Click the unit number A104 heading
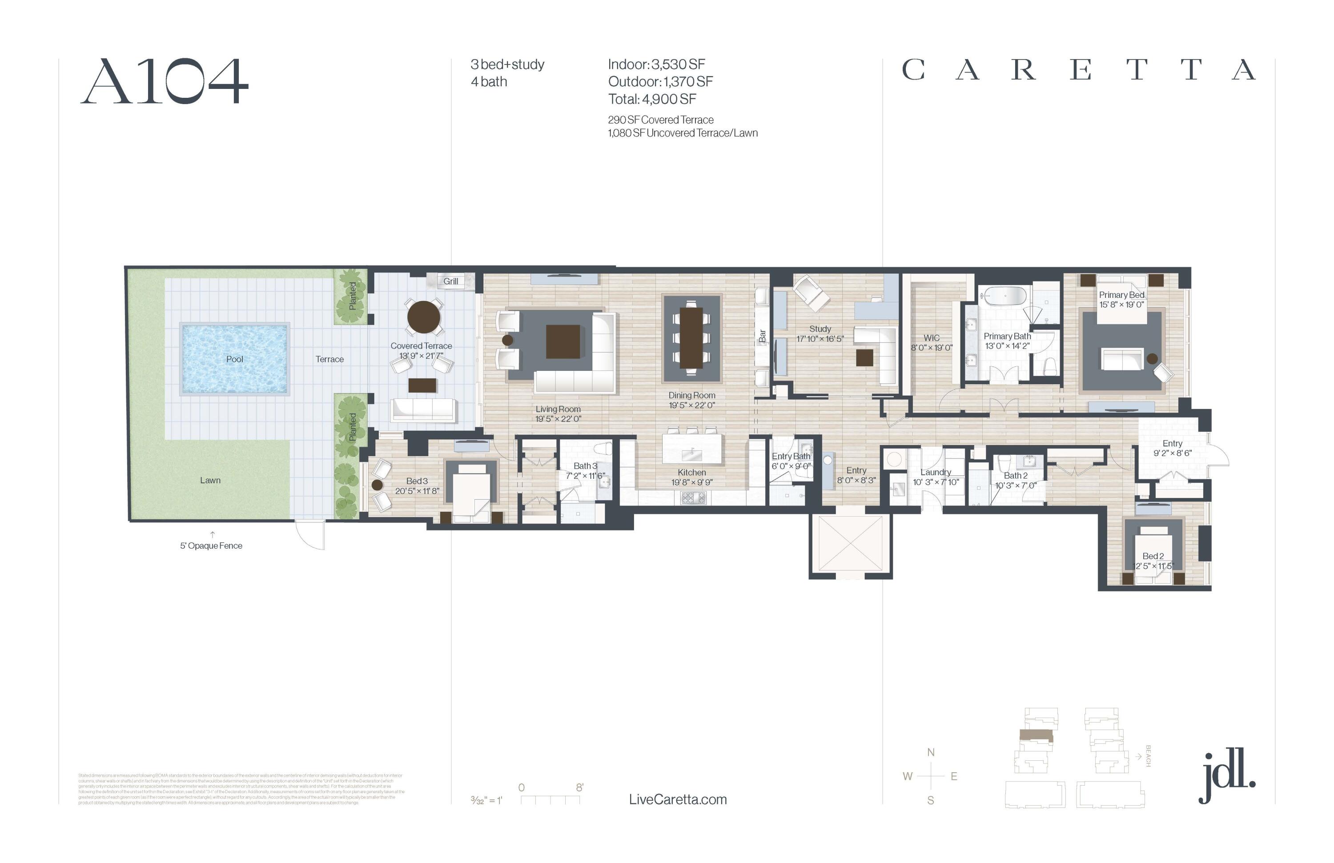[164, 82]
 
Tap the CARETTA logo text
[1078, 71]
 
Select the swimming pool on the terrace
[235, 359]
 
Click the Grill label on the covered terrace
[450, 281]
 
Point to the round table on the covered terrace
[424, 317]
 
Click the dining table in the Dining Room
[691, 338]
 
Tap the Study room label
[820, 329]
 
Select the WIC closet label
[932, 338]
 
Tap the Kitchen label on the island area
[691, 473]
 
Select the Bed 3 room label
[417, 481]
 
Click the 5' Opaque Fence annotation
[211, 546]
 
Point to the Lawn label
[210, 480]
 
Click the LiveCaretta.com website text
[678, 800]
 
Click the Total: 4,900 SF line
[652, 99]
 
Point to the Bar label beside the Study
[762, 336]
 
